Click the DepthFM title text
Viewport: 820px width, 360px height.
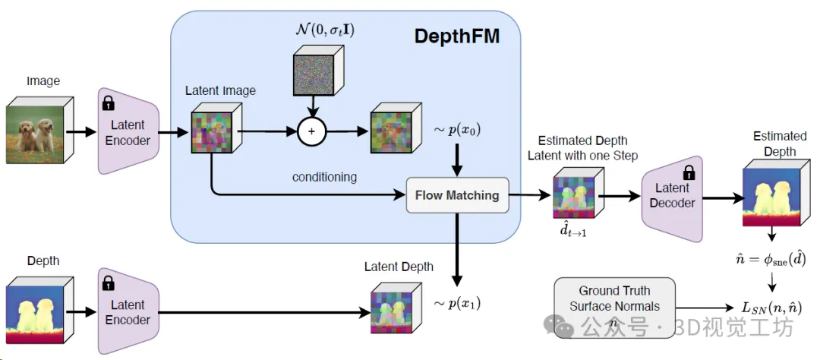pyautogui.click(x=457, y=36)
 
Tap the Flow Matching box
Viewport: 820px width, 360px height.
pyautogui.click(x=456, y=195)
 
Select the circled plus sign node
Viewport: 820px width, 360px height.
pyautogui.click(x=311, y=131)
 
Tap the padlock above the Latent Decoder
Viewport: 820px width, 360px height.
pyautogui.click(x=689, y=172)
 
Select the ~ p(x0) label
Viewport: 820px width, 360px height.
pyautogui.click(x=457, y=130)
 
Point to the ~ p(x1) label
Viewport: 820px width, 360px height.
pyautogui.click(x=457, y=303)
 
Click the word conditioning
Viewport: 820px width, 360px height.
pyautogui.click(x=324, y=177)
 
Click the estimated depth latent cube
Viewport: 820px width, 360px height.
pyautogui.click(x=576, y=195)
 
